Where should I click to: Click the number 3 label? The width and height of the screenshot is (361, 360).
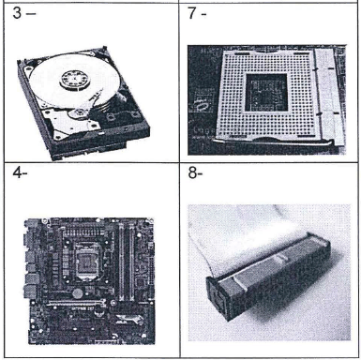pos(17,13)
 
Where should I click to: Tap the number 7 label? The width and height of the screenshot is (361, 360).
pos(192,13)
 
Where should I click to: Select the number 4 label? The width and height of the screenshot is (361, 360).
pos(17,172)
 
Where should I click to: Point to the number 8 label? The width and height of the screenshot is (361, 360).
pos(192,172)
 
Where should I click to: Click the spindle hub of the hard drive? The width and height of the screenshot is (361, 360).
pos(76,80)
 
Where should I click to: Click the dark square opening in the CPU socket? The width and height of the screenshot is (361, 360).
pos(266,93)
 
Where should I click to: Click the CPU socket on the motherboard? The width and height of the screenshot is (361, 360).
pos(86,261)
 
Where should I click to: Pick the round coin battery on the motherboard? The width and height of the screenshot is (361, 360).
pos(77,293)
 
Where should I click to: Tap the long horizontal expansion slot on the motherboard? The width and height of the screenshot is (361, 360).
pos(76,303)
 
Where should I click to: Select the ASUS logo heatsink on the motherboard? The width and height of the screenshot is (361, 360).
pos(128,320)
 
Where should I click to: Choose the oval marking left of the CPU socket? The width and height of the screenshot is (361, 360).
pos(199,105)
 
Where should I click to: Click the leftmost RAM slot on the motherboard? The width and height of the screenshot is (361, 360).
pos(121,262)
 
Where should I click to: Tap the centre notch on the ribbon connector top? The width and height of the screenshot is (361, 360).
pos(280,257)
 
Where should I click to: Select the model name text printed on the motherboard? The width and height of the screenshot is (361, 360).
pos(82,309)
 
